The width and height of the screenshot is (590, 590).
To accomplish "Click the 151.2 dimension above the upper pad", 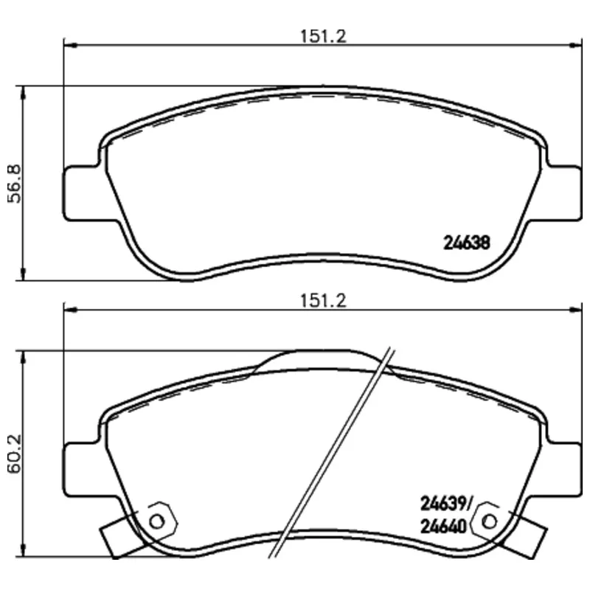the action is point(323,36).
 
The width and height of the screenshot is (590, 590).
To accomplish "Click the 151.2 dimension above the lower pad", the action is point(323,301).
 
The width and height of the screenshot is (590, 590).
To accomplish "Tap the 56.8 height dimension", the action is point(15,184).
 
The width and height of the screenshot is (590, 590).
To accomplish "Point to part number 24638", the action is point(467,243).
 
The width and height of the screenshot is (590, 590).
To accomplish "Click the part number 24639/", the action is point(445,504).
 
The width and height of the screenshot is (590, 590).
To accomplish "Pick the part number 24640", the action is point(443,527).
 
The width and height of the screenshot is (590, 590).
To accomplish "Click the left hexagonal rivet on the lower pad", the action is point(157,521).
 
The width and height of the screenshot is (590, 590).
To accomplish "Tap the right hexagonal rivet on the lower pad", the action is point(489,521).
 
